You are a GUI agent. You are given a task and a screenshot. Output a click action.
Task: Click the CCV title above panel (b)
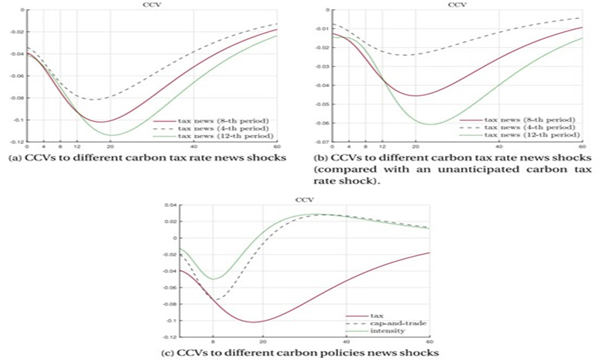coord(457,4)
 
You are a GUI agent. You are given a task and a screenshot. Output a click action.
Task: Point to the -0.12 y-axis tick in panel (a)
coord(16,143)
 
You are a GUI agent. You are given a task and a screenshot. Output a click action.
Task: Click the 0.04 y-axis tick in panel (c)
coord(170,205)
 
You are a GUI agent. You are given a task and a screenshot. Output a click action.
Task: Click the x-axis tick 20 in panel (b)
coord(415,147)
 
